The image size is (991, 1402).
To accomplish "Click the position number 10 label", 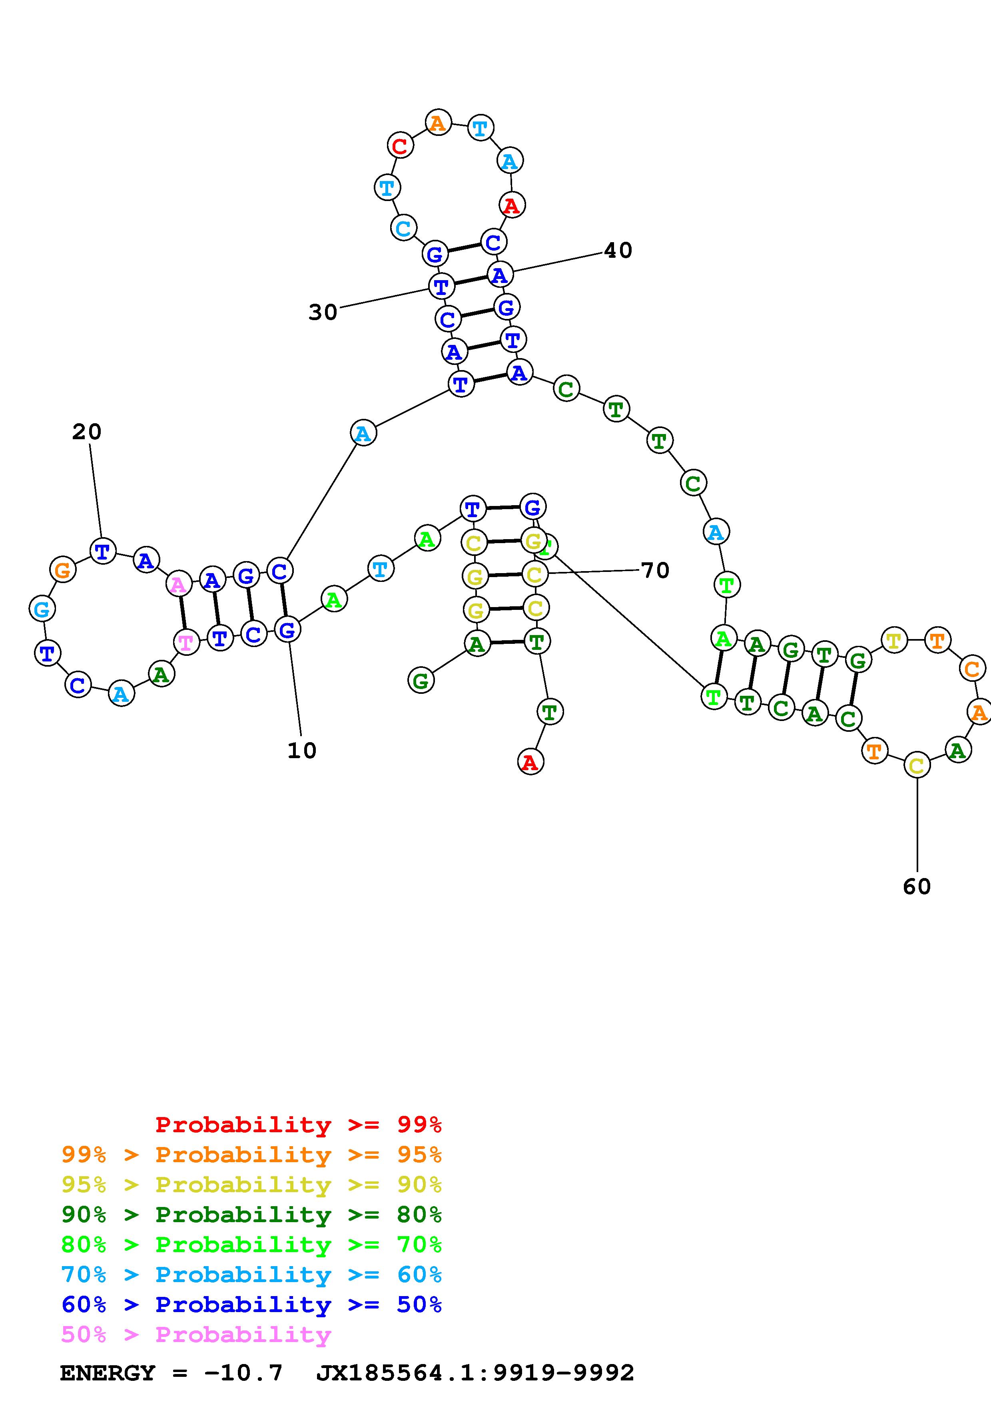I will pos(302,751).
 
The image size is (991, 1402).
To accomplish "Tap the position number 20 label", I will pos(87,432).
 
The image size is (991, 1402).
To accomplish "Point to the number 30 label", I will pos(322,312).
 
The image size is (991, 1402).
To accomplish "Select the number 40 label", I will pos(618,250).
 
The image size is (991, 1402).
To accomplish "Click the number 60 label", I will pos(917,886).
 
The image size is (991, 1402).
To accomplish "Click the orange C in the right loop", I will pos(972,669).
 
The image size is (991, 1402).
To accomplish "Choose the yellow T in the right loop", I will pos(894,641).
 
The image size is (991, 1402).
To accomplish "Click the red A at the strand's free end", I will pos(530,762).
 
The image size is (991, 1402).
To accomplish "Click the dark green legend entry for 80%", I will pos(251,1215).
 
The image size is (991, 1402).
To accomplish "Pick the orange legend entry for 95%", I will pos(251,1155).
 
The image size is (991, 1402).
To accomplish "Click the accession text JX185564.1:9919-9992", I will pos(475,1373).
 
